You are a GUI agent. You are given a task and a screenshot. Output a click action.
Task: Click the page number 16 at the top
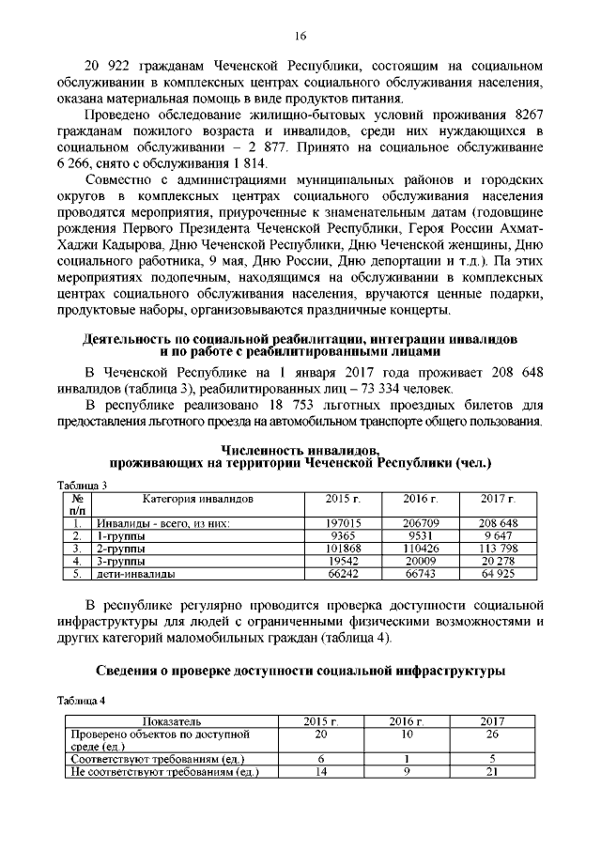[300, 36]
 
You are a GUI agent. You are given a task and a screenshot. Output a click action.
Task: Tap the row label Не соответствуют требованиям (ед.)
[165, 773]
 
